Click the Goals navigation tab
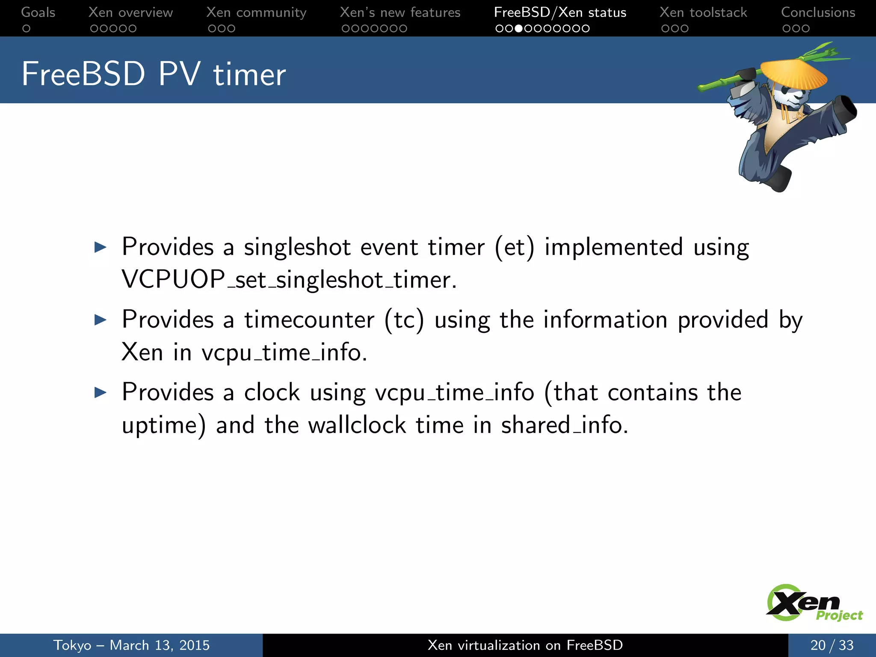pyautogui.click(x=38, y=12)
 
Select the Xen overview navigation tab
pyautogui.click(x=130, y=12)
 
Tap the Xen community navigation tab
pyautogui.click(x=256, y=12)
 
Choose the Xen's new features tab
pyautogui.click(x=400, y=12)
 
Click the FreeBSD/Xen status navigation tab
pyautogui.click(x=560, y=12)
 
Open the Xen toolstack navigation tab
pyautogui.click(x=703, y=12)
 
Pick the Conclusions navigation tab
pyautogui.click(x=818, y=12)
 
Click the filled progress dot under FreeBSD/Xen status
pyautogui.click(x=518, y=29)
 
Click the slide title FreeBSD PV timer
pyautogui.click(x=154, y=74)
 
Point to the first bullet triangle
pyautogui.click(x=100, y=247)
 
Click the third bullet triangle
pyautogui.click(x=100, y=392)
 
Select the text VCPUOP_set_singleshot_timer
pyautogui.click(x=289, y=280)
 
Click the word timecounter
pyautogui.click(x=309, y=320)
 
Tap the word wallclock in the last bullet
pyautogui.click(x=357, y=425)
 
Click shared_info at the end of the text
pyautogui.click(x=564, y=425)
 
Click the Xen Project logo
pyautogui.click(x=813, y=603)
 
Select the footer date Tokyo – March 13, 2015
pyautogui.click(x=131, y=645)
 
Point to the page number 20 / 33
pyautogui.click(x=832, y=645)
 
